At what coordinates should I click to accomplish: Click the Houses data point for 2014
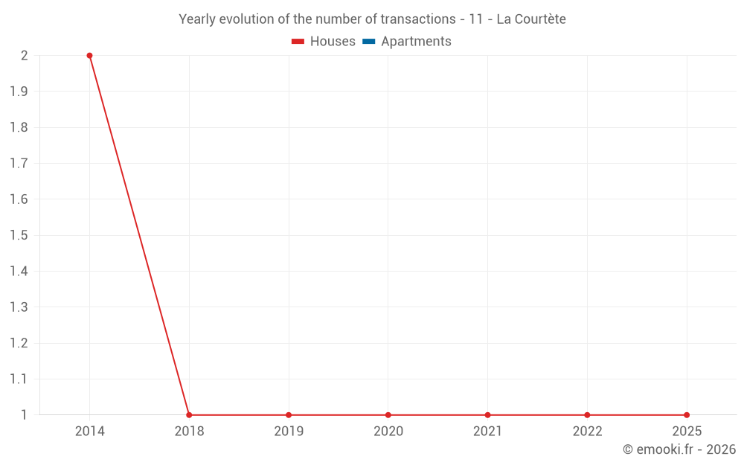coord(89,56)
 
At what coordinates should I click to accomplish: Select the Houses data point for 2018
coord(189,415)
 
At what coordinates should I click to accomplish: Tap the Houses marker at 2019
coord(289,415)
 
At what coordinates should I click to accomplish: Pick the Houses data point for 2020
coord(388,415)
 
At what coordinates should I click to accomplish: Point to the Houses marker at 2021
coord(487,415)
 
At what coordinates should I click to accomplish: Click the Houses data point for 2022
coord(587,415)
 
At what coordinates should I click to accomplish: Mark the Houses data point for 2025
coord(687,415)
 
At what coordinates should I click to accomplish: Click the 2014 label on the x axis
coord(89,431)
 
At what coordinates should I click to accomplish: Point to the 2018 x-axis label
coord(189,431)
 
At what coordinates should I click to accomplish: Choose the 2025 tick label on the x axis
coord(687,431)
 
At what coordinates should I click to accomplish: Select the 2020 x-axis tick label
coord(388,431)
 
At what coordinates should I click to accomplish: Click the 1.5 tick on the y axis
coord(19,236)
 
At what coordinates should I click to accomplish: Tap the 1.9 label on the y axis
coord(19,92)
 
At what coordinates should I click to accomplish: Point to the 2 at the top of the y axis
coord(25,56)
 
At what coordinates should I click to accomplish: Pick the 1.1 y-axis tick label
coord(19,379)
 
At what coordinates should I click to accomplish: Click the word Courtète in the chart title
coord(538,19)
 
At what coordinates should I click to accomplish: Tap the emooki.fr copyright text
coord(679,449)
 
